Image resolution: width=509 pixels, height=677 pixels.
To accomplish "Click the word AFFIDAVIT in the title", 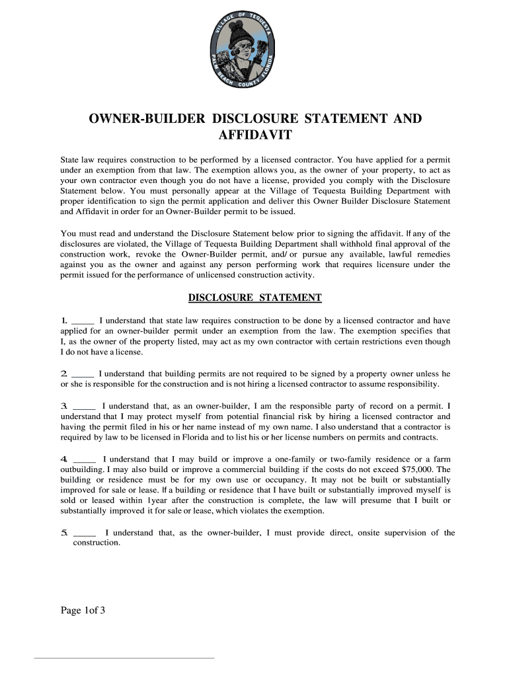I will pos(255,136).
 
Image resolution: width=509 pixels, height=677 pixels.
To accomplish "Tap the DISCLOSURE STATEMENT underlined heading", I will pos(255,298).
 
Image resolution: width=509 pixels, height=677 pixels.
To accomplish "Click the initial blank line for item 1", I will pos(82,321).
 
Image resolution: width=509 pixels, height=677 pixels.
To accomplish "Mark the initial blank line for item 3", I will pos(84,406).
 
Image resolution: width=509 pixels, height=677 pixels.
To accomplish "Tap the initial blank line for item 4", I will pos(84,459).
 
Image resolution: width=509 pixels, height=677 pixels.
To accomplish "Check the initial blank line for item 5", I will pos(84,533).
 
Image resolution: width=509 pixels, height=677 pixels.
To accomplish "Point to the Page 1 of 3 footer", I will pos(83,610).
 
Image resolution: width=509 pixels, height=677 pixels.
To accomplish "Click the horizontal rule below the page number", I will pos(124,658).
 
